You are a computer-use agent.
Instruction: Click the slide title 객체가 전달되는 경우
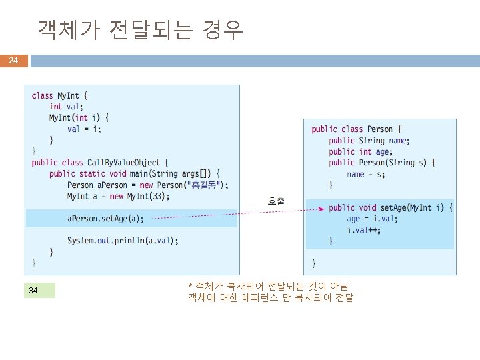point(141,29)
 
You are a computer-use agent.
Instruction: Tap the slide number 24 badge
point(13,61)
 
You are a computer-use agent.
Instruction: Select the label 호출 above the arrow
point(276,200)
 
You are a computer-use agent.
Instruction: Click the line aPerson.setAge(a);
point(105,218)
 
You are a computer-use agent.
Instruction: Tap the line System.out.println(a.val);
point(123,241)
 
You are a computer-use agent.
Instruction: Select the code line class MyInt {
point(59,95)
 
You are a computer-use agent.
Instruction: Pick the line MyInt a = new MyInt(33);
point(118,196)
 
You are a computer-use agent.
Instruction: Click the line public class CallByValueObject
point(100,163)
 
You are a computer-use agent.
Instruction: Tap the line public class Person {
point(357,129)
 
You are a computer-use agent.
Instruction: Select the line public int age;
point(359,151)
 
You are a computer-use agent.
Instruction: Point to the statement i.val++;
point(365,230)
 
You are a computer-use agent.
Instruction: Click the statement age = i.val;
point(372,219)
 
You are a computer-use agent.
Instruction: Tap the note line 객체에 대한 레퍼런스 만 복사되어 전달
point(271,297)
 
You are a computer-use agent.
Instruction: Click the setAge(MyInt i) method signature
point(390,207)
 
